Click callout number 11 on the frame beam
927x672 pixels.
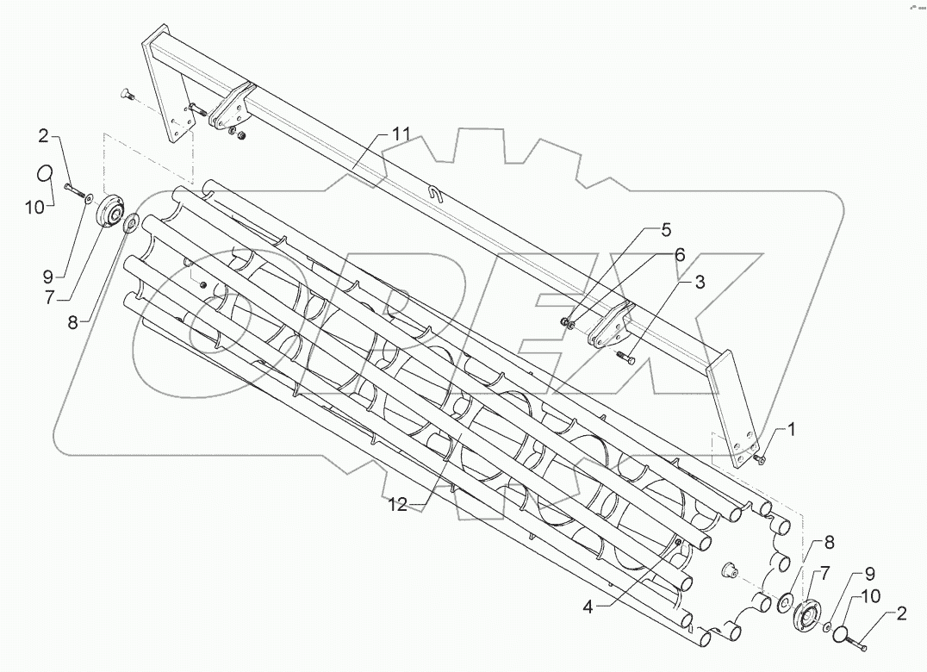coord(401,135)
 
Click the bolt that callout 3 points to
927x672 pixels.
coord(626,356)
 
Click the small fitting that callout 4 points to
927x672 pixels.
coord(678,542)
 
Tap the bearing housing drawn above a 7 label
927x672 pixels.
coord(109,211)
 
